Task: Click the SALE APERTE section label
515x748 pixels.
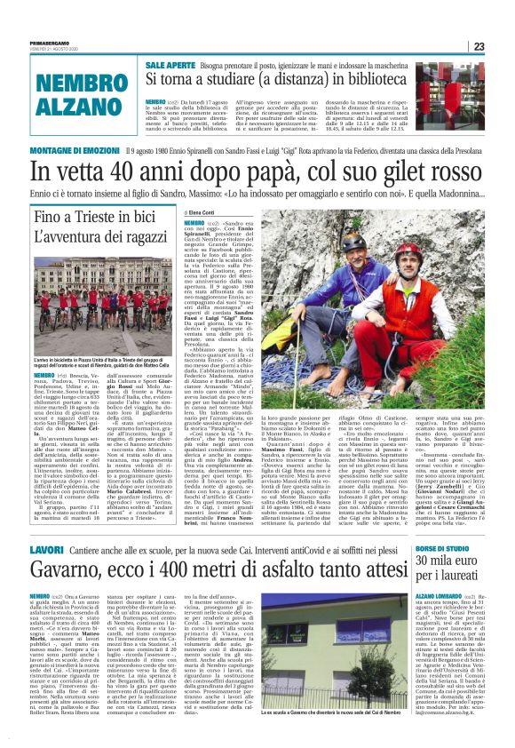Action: point(170,67)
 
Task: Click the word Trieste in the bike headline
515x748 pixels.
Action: point(92,216)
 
